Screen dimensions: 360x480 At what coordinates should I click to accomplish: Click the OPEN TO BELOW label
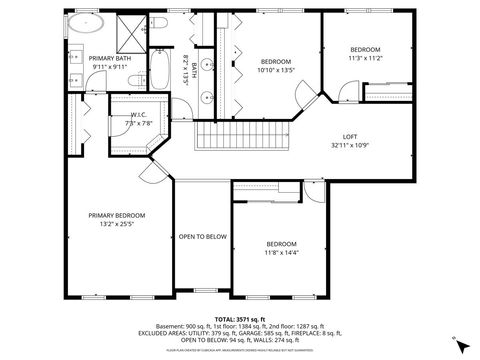click(202, 236)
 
